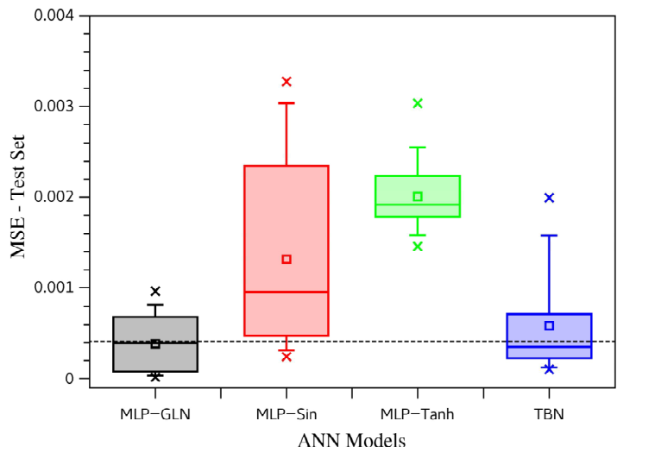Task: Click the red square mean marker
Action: [x=287, y=259]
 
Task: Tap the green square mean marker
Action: [x=418, y=196]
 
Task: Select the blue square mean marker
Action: [x=550, y=325]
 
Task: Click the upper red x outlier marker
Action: [x=287, y=81]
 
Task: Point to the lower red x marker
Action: [x=287, y=357]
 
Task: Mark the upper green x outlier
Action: [x=418, y=104]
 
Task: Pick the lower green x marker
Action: [x=418, y=246]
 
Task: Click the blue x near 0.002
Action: [x=550, y=198]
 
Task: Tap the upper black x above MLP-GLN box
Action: [x=155, y=291]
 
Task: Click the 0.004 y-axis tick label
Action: [x=54, y=16]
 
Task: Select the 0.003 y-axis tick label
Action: [x=54, y=106]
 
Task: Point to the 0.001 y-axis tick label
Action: [x=54, y=287]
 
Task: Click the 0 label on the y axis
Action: [x=69, y=379]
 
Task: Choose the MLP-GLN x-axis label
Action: [x=155, y=414]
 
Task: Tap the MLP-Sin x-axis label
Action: [x=287, y=414]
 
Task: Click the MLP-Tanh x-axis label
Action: [x=418, y=414]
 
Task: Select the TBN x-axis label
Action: [x=549, y=414]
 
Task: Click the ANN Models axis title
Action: [x=352, y=440]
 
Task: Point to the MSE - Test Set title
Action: [x=17, y=196]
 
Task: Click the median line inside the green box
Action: [x=418, y=204]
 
